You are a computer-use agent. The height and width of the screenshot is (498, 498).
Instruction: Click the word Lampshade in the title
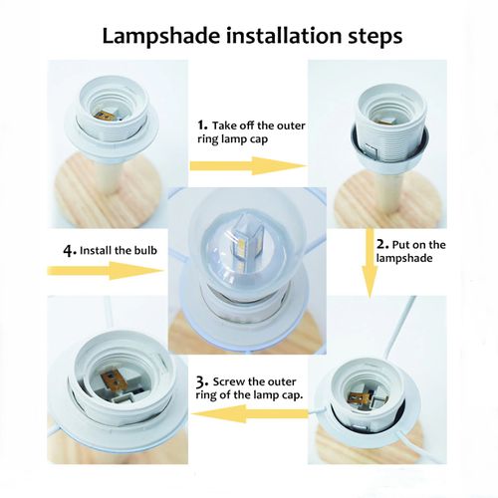tap(160, 36)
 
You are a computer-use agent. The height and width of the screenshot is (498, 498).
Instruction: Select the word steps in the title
tap(375, 37)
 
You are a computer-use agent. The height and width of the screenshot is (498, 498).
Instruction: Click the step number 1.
tap(202, 125)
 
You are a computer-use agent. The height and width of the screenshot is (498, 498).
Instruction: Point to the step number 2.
tap(382, 244)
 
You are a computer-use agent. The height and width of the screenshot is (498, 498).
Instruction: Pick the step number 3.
tap(201, 382)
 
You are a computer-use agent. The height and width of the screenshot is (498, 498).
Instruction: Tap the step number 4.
tap(70, 250)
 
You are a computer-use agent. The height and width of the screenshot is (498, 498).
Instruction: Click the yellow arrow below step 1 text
tap(247, 165)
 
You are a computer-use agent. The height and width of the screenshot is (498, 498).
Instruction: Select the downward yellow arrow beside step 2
tap(370, 263)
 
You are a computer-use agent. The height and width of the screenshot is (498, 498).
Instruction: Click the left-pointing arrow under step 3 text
tap(251, 413)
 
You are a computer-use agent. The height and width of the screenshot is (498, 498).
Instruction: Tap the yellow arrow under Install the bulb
tap(106, 270)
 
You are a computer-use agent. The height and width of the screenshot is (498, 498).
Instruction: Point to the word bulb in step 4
tap(144, 250)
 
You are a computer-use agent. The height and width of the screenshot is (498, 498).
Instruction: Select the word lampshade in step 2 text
tap(404, 258)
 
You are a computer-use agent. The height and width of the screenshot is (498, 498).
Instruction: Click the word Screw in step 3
tap(227, 381)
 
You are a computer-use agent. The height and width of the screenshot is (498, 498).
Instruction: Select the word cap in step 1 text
tap(258, 139)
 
